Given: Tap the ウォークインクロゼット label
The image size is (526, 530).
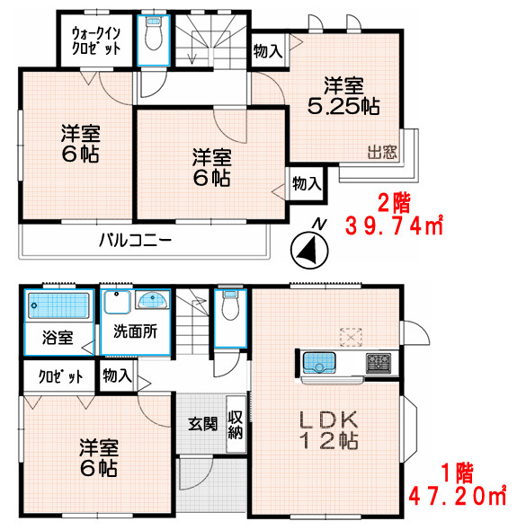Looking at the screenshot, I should [x=95, y=41].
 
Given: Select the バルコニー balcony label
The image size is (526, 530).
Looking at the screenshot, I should [x=134, y=241].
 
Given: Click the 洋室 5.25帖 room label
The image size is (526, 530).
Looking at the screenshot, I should [x=344, y=97].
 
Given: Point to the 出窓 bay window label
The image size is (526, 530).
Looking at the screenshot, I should [x=382, y=152].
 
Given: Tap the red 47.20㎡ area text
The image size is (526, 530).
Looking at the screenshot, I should [x=458, y=494].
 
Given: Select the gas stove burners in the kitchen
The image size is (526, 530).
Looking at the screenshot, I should [x=378, y=364].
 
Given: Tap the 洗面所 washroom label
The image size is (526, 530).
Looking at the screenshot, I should [x=135, y=330].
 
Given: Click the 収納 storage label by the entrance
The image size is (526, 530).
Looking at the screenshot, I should [x=236, y=424].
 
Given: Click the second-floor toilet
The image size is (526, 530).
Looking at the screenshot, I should [x=150, y=36].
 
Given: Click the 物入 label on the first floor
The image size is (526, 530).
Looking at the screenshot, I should [x=116, y=375].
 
